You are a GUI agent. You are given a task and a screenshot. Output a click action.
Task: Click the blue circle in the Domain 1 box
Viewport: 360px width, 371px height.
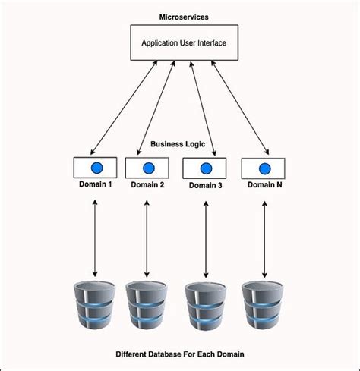pyautogui.click(x=95, y=167)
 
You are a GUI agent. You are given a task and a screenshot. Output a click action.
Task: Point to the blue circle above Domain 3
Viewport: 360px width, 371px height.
pyautogui.click(x=207, y=168)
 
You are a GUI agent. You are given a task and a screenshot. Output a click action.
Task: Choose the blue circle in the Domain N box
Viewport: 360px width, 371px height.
pyautogui.click(x=264, y=168)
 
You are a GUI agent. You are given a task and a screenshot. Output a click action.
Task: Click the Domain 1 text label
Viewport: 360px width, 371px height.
pyautogui.click(x=95, y=184)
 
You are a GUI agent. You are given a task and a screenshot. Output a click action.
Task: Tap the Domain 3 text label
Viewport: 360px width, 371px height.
pyautogui.click(x=207, y=185)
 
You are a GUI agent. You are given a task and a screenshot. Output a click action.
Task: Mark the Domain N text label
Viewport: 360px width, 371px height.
pyautogui.click(x=264, y=184)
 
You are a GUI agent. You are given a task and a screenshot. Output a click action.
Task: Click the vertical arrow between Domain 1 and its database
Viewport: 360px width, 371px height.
pyautogui.click(x=95, y=237)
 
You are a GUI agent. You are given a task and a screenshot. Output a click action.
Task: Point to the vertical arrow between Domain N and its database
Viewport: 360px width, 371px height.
pyautogui.click(x=264, y=237)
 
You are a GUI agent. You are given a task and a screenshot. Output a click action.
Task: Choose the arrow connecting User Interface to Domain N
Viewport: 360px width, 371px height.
pyautogui.click(x=239, y=108)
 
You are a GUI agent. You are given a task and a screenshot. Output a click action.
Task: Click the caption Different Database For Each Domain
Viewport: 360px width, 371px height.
pyautogui.click(x=180, y=354)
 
